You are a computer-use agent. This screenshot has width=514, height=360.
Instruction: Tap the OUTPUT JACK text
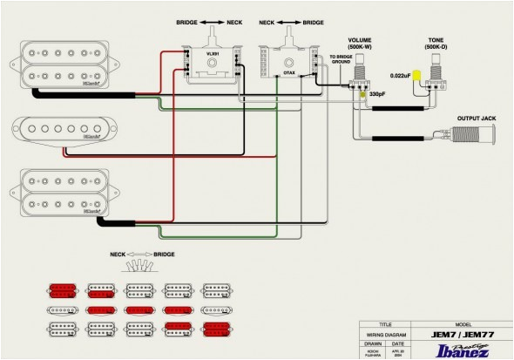click(477, 119)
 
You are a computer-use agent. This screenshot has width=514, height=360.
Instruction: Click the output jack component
click(474, 136)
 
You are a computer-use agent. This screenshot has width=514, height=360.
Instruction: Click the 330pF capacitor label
click(377, 93)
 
